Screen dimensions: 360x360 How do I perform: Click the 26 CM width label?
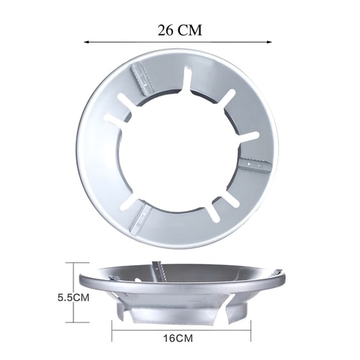coord(180,30)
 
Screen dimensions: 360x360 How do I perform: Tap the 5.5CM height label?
coord(73,297)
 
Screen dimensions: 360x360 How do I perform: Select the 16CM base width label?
coord(178,338)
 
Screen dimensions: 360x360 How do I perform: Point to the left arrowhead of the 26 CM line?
coord(86,42)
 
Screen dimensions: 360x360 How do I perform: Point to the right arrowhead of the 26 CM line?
coord(269,42)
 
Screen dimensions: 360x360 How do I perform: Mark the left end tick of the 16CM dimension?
coord(112,330)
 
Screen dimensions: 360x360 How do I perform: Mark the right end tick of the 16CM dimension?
coord(251,330)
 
